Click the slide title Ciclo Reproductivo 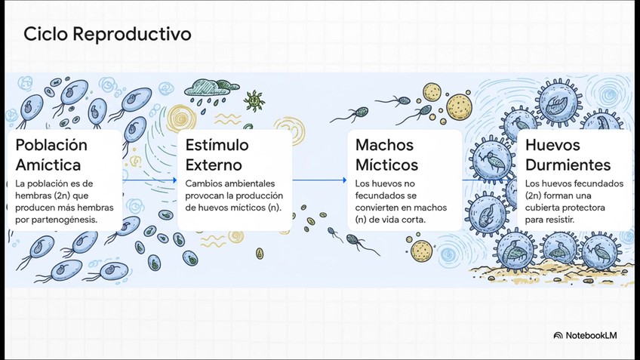[106, 34]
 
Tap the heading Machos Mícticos [386, 154]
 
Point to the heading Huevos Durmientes [568, 154]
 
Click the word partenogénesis [65, 220]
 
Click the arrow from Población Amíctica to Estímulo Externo [149, 180]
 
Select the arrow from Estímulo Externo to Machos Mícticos [319, 180]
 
